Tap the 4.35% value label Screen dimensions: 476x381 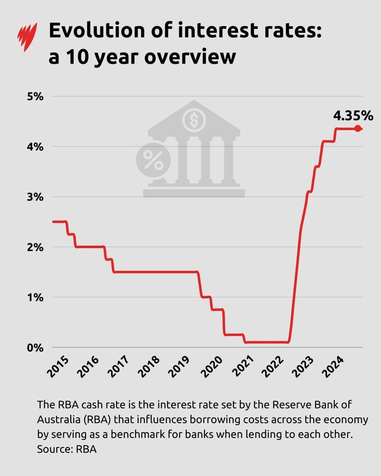click(353, 116)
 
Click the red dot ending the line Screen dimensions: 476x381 click(358, 129)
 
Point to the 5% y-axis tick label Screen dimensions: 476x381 click(35, 97)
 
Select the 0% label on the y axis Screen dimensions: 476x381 click(35, 348)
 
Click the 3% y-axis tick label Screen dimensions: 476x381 click(35, 197)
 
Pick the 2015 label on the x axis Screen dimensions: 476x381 click(58, 367)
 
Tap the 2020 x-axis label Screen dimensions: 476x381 click(213, 367)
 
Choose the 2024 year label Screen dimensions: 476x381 click(333, 367)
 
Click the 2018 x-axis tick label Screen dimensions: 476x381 click(150, 367)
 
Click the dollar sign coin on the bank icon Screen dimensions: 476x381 click(194, 120)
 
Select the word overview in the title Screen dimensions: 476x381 click(190, 57)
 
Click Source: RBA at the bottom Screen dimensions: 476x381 click(67, 449)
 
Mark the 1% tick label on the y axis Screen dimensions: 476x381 click(35, 298)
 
